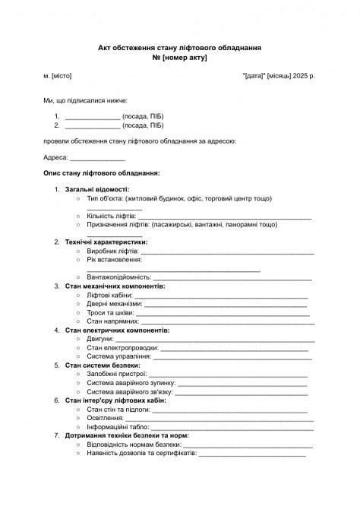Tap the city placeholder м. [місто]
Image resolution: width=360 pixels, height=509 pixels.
point(58,77)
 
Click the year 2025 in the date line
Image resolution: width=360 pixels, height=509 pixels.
point(298,77)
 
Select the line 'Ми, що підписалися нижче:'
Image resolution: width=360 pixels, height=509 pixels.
point(85,100)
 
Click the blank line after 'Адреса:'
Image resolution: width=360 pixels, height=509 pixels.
point(97,158)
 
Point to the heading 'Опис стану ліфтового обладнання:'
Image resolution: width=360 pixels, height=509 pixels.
point(102,173)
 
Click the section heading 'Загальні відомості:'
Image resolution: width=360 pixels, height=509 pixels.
point(97,189)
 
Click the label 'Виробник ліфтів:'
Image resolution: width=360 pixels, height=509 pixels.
point(112,251)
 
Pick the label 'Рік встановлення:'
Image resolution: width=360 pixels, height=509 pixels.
point(114,260)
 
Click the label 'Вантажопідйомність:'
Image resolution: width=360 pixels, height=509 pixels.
point(119,277)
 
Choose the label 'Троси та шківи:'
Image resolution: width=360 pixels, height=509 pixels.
point(111,312)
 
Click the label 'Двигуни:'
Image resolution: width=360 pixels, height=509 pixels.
point(100,339)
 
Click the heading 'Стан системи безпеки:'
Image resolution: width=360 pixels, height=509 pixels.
point(103,365)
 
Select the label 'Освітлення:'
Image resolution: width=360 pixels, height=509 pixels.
point(105,418)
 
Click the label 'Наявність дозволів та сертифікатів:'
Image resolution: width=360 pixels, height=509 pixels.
point(141,453)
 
